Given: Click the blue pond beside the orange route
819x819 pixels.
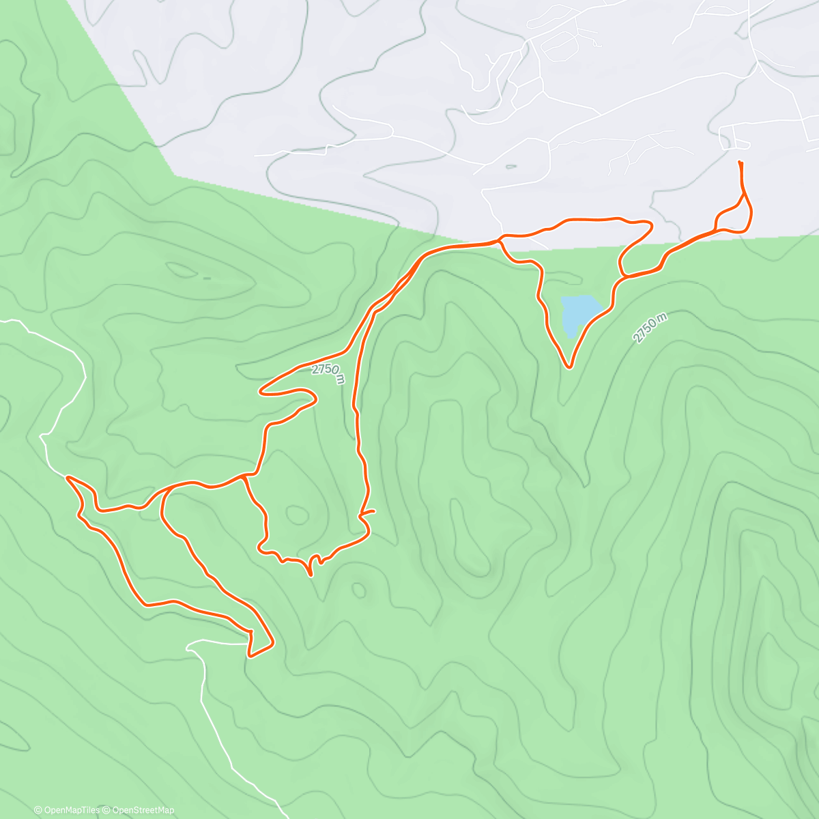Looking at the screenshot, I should [x=576, y=314].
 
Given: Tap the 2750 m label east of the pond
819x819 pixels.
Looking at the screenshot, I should [x=649, y=328].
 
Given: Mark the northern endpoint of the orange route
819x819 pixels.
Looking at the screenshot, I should [x=741, y=162].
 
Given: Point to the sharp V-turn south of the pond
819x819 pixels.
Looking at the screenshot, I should [x=569, y=367].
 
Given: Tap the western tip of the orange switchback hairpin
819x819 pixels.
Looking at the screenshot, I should [x=261, y=392].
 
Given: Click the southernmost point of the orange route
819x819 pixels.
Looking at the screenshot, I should [x=249, y=657].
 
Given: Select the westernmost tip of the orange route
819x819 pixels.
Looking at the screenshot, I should [x=67, y=478].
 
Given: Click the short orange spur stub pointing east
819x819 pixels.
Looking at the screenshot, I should [x=369, y=511].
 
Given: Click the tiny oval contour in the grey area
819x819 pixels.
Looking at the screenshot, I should [x=511, y=166].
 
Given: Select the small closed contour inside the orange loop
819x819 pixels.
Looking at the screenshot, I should [x=296, y=513].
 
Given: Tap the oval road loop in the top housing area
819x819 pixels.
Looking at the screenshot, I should [x=556, y=44].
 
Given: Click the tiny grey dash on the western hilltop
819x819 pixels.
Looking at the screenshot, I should [x=207, y=278].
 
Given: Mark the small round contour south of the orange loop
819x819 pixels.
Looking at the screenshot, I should [x=358, y=589].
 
